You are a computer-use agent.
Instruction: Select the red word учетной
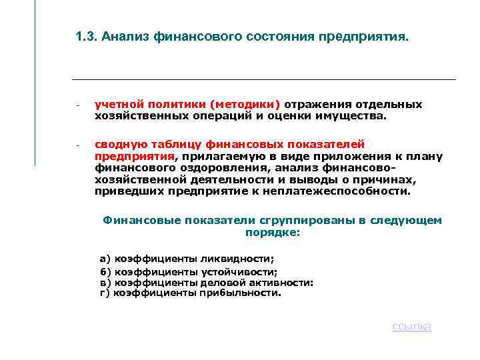tap(115, 104)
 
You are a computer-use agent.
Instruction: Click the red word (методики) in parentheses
tap(245, 104)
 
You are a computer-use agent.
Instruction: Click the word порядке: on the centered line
tap(273, 233)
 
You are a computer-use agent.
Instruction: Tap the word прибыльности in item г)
tap(247, 292)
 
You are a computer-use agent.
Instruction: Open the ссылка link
tap(411, 326)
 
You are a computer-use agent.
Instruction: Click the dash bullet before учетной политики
tap(78, 105)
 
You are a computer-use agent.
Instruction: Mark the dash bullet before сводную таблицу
tap(78, 145)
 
